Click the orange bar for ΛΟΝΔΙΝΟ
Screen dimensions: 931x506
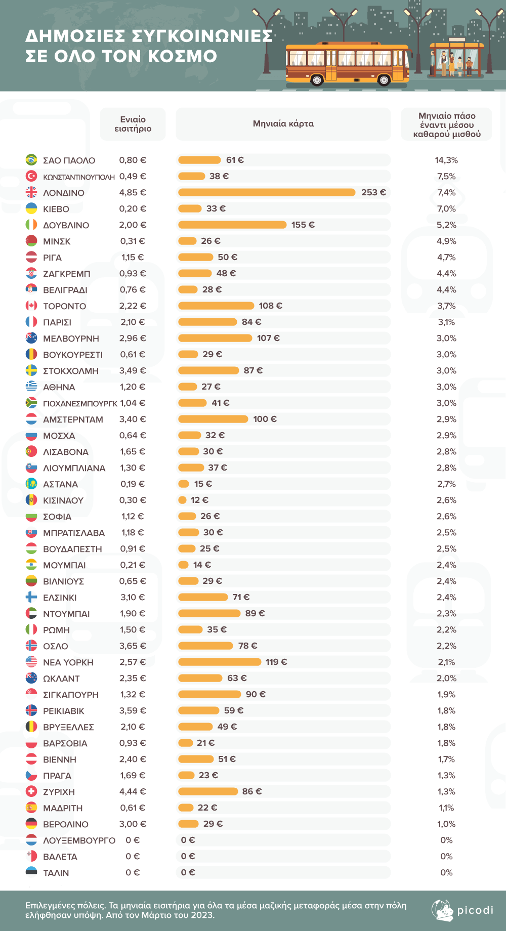point(267,192)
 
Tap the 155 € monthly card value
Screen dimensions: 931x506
point(303,225)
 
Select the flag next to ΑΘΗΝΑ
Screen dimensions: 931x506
point(31,387)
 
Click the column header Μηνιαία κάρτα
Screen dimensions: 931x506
point(283,123)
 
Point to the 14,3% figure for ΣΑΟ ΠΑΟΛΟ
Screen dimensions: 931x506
point(446,160)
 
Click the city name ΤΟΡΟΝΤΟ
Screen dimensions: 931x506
point(64,306)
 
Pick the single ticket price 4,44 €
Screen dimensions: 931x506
point(133,791)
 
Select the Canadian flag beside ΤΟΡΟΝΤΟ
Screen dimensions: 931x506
point(31,306)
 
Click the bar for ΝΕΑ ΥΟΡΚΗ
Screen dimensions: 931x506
point(220,662)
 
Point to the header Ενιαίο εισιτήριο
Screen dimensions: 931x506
point(133,124)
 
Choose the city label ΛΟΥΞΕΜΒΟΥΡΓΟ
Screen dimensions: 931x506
point(79,840)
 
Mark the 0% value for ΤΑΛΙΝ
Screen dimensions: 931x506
point(446,872)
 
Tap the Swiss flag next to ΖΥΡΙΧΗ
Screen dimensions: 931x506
point(31,791)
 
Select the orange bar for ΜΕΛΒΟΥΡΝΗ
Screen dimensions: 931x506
point(215,338)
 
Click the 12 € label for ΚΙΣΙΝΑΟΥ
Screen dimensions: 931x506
point(199,500)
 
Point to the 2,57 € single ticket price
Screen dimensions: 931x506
point(133,662)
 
